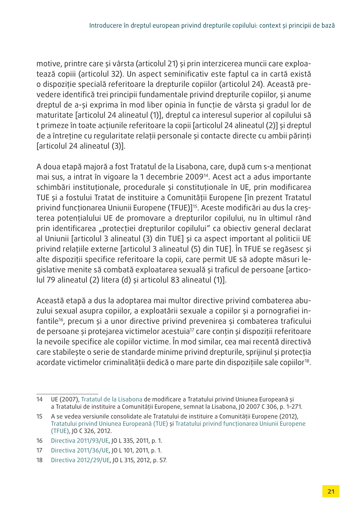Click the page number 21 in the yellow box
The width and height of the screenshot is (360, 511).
pos(331,491)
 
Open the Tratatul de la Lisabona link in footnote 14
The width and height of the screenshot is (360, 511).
pos(111,399)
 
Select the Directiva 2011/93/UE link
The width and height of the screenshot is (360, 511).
pos(80,441)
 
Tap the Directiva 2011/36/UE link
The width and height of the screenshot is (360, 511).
pos(80,450)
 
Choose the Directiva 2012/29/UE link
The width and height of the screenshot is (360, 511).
pos(80,460)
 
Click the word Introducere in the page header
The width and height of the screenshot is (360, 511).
pos(104,25)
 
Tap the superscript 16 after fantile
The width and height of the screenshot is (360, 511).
pos(61,319)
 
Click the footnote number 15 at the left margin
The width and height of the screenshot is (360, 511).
pos(40,416)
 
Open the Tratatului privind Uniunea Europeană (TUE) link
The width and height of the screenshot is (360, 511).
pos(109,424)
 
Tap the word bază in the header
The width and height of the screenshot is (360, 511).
pos(328,25)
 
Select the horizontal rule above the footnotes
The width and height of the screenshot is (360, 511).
pos(67,394)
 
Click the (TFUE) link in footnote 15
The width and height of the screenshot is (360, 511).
pos(60,431)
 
